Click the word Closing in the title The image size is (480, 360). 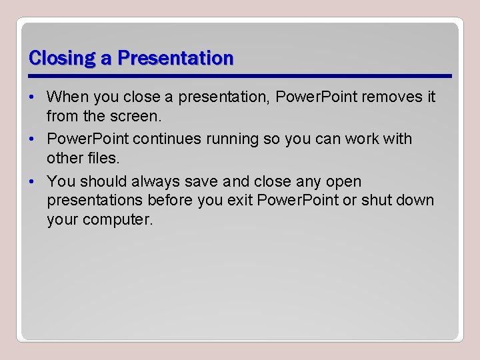[x=63, y=59]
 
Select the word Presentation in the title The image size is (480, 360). [x=175, y=59]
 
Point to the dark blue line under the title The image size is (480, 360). [x=241, y=75]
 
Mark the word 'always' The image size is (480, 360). [x=156, y=181]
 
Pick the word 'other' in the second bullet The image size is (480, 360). [x=63, y=158]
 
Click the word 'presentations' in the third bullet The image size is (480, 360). [x=95, y=200]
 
